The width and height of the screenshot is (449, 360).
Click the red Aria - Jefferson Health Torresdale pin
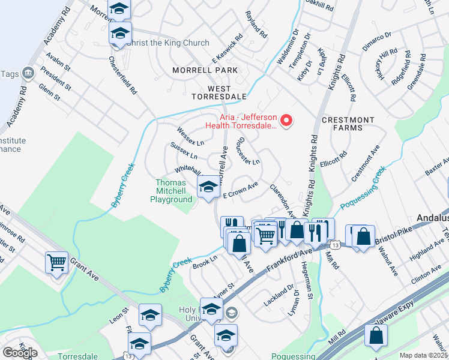287,121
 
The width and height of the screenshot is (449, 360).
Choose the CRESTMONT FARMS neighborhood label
350,124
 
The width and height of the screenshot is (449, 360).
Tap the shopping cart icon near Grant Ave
57,262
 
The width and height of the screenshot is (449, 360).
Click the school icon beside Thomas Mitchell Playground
208,186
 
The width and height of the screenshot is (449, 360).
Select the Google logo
20,353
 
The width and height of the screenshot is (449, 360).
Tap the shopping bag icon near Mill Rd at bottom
376,337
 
